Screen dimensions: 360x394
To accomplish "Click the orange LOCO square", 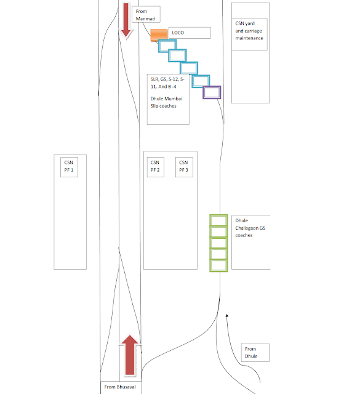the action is coord(159,34).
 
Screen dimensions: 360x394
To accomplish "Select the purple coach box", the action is coord(212,92).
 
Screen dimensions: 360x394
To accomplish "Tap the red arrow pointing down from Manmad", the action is coord(126,21).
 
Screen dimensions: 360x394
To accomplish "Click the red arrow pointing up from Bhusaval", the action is coord(130,355).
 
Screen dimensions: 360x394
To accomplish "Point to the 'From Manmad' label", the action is coord(146,15).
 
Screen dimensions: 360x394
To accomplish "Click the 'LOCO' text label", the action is coord(178,33).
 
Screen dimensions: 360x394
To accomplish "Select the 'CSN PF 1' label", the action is coord(69,166).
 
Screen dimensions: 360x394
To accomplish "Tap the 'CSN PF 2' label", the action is coord(156,166).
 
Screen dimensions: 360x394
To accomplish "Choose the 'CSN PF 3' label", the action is coord(184,166).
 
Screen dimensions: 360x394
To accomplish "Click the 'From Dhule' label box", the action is coord(255,353).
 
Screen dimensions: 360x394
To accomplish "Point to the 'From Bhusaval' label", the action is coord(120,387).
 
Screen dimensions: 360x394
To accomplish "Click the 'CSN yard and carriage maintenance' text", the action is coord(249,31).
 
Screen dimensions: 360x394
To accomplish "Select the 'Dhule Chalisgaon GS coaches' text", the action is coord(250,228).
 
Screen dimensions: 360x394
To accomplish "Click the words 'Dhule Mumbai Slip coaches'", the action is coord(166,102).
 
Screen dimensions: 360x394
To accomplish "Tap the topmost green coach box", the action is coord(218,220).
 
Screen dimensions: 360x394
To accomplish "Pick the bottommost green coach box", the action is coord(218,266).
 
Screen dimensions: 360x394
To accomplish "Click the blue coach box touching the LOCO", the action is coord(167,46).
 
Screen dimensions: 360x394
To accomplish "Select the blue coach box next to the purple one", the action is coord(201,81).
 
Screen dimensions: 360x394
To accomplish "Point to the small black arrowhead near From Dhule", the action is coord(227,316).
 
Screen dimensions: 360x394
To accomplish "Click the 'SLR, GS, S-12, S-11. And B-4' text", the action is coord(167,82).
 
